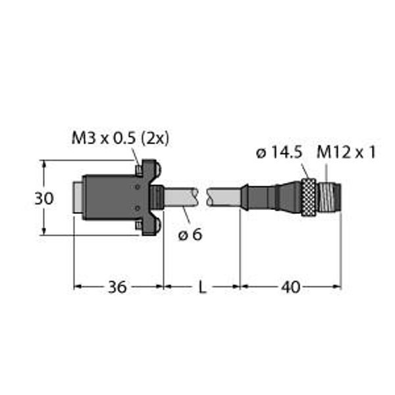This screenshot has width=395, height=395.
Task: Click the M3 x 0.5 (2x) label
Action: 120,138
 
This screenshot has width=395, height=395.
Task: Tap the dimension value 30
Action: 44,198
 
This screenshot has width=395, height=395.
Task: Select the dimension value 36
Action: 117,287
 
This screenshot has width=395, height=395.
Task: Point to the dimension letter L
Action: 202,287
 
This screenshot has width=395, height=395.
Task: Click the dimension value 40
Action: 291,287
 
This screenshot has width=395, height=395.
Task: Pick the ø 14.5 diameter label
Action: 279,153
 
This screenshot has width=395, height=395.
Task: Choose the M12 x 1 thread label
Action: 346,153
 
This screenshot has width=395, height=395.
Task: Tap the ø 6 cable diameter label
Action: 190,235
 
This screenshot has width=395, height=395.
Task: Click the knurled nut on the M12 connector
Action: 309,197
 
